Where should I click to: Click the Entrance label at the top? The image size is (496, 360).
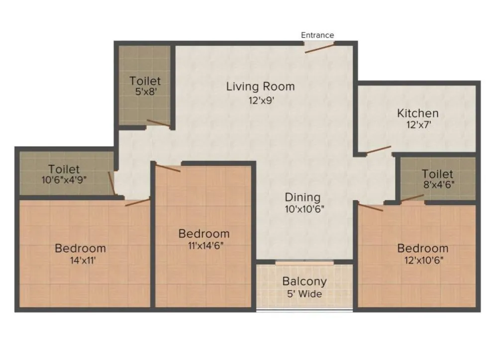[x=317, y=35]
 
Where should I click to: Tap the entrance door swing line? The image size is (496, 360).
[x=320, y=47]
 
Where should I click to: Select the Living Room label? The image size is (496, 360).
[x=260, y=87]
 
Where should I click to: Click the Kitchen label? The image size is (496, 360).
[x=417, y=113]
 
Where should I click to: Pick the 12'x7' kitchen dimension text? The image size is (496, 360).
[x=418, y=125]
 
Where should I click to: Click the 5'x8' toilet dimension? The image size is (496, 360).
[x=145, y=92]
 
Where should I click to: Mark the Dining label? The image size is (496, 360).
[x=302, y=197]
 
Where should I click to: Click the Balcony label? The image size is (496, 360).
[x=304, y=281]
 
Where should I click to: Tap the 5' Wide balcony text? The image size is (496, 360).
[x=304, y=294]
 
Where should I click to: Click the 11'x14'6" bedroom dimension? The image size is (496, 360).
[x=204, y=245]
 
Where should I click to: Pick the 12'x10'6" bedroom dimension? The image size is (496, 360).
[x=422, y=260]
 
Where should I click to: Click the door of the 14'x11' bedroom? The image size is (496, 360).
[x=137, y=202]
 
